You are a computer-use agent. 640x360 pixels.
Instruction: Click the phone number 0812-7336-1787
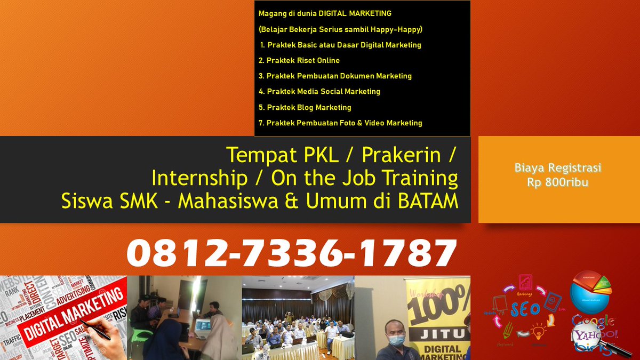[x=292, y=253]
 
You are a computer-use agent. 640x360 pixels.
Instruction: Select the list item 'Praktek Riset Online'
[x=299, y=60]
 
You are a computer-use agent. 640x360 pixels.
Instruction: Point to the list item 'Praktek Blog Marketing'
[x=305, y=107]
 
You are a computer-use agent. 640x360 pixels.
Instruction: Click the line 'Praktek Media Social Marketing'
[x=319, y=91]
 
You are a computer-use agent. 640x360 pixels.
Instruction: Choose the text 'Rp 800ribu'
[x=558, y=181]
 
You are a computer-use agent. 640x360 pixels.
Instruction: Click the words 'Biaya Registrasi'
[x=558, y=168]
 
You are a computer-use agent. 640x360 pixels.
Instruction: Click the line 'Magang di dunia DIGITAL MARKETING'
[x=325, y=13]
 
